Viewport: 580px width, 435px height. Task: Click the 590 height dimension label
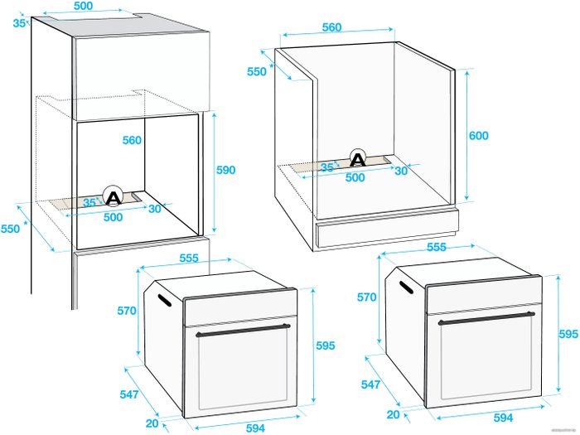(x=225, y=170)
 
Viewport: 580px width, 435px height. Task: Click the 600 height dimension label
(x=479, y=136)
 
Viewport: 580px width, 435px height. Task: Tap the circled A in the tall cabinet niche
(x=113, y=196)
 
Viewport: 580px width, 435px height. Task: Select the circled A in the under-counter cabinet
(x=358, y=158)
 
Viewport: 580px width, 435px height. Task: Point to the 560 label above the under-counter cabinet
(x=331, y=27)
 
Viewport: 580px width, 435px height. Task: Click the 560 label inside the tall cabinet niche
(x=132, y=140)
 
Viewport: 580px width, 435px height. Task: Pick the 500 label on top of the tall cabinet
(x=83, y=7)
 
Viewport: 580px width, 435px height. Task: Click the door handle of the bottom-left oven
(x=243, y=330)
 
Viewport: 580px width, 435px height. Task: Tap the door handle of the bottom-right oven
(x=486, y=318)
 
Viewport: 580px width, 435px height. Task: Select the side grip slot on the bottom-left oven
(x=165, y=300)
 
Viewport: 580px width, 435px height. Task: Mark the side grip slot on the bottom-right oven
(x=406, y=287)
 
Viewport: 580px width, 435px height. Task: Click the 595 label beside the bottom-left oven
(x=325, y=346)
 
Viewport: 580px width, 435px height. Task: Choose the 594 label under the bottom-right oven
(x=503, y=418)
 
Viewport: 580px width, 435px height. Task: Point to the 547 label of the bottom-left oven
(x=129, y=394)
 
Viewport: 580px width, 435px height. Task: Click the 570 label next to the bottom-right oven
(x=366, y=297)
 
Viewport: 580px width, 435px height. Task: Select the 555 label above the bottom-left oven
(x=189, y=259)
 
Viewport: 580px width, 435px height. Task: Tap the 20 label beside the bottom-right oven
(x=394, y=414)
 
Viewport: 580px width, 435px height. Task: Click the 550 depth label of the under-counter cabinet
(x=257, y=71)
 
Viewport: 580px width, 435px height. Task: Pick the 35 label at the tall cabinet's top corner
(x=19, y=23)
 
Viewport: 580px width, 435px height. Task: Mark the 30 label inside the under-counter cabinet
(x=401, y=171)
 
